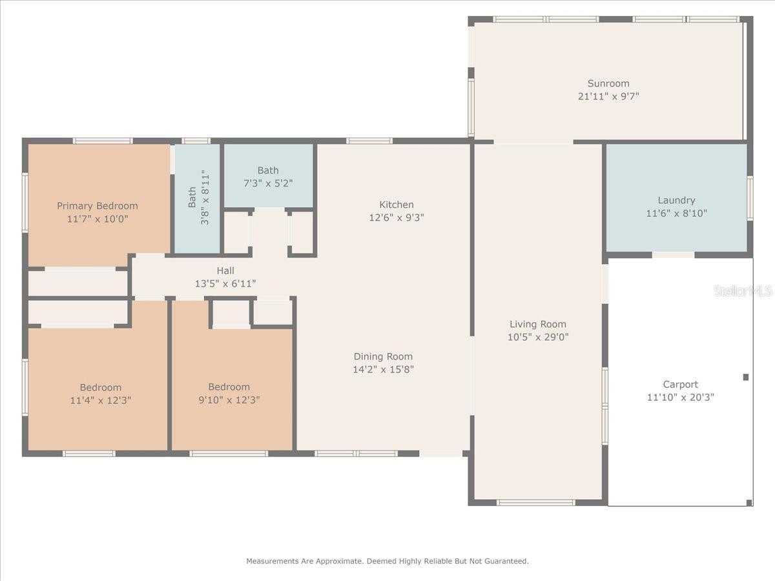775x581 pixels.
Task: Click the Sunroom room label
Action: tap(608, 84)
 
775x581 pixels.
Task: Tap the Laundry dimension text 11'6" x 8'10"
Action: tap(676, 214)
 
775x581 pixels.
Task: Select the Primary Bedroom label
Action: tap(98, 206)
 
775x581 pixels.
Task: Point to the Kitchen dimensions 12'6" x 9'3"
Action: tap(397, 218)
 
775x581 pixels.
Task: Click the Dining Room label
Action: tap(383, 356)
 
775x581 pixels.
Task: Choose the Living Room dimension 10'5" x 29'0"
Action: tap(538, 337)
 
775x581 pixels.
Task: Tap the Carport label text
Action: tap(680, 385)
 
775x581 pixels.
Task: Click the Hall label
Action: tap(225, 270)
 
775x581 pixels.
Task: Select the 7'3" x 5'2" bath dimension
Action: tap(268, 183)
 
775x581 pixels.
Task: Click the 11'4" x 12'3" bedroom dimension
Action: tap(101, 400)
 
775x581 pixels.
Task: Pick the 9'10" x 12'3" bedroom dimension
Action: tap(229, 400)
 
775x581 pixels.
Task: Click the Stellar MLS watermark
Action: tap(743, 290)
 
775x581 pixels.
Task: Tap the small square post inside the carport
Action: tap(746, 377)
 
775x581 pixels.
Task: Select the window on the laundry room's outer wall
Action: tap(750, 198)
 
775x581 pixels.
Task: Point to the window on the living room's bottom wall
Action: tap(536, 503)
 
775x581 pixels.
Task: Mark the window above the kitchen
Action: tap(369, 141)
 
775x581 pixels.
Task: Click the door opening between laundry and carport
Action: tap(674, 255)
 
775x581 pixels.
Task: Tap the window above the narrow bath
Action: tap(196, 141)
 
